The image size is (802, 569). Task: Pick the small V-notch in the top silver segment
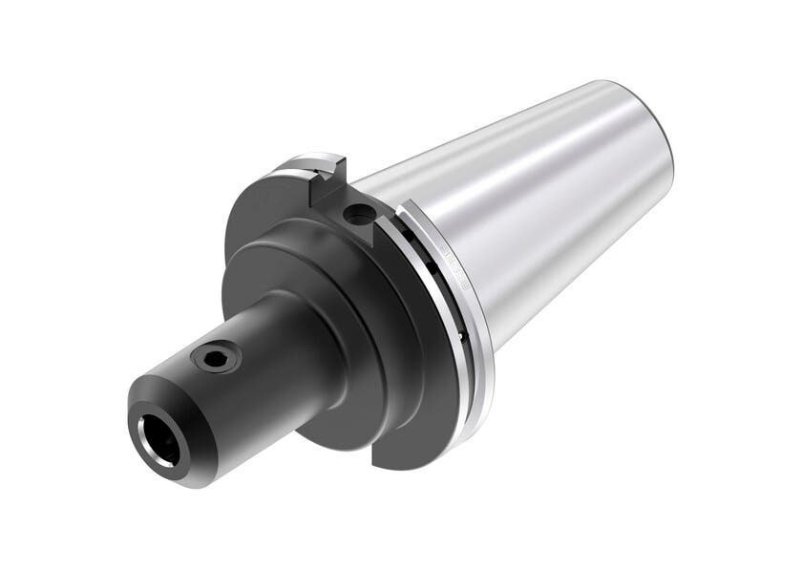330,163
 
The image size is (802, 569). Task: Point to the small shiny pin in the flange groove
461,335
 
